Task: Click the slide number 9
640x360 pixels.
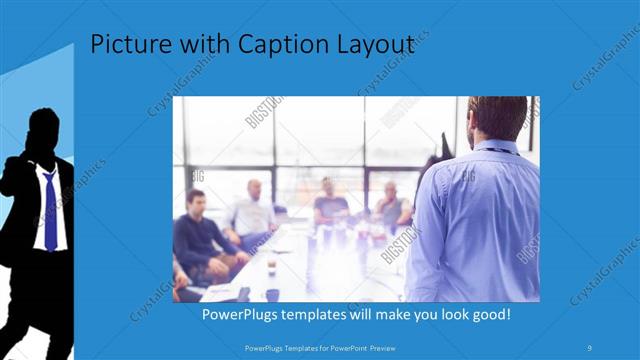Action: coord(591,347)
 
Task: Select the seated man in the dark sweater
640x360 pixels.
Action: coord(196,230)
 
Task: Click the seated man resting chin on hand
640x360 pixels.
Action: coord(391,205)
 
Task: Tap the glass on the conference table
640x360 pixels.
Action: coord(271,267)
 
